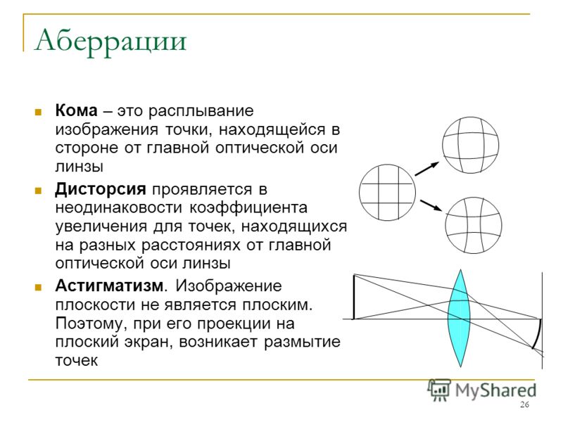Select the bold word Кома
pyautogui.click(x=76, y=110)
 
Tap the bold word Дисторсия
pyautogui.click(x=101, y=188)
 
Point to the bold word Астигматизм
pyautogui.click(x=110, y=286)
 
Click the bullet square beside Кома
pyautogui.click(x=38, y=112)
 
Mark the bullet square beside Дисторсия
pyautogui.click(x=38, y=190)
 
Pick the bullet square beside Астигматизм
pyautogui.click(x=38, y=287)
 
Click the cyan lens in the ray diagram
pyautogui.click(x=460, y=319)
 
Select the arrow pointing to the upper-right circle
pyautogui.click(x=427, y=169)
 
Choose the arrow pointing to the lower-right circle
pyautogui.click(x=431, y=205)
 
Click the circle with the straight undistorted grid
pyautogui.click(x=388, y=192)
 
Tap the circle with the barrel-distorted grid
pyautogui.click(x=470, y=145)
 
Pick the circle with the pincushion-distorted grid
pyautogui.click(x=474, y=225)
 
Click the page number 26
pyautogui.click(x=524, y=405)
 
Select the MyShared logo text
pyautogui.click(x=495, y=390)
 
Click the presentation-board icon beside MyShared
pyautogui.click(x=439, y=390)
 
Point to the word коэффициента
pyautogui.click(x=248, y=208)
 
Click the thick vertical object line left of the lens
pyautogui.click(x=354, y=297)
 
